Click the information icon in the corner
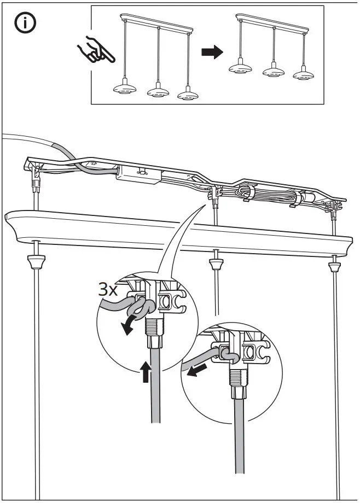[x=25, y=24]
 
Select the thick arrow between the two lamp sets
[x=212, y=52]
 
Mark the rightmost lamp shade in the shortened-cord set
[x=304, y=74]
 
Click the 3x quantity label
[x=108, y=289]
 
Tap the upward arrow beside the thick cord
[x=145, y=371]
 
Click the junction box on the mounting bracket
[x=139, y=174]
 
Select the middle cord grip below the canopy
[x=217, y=264]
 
